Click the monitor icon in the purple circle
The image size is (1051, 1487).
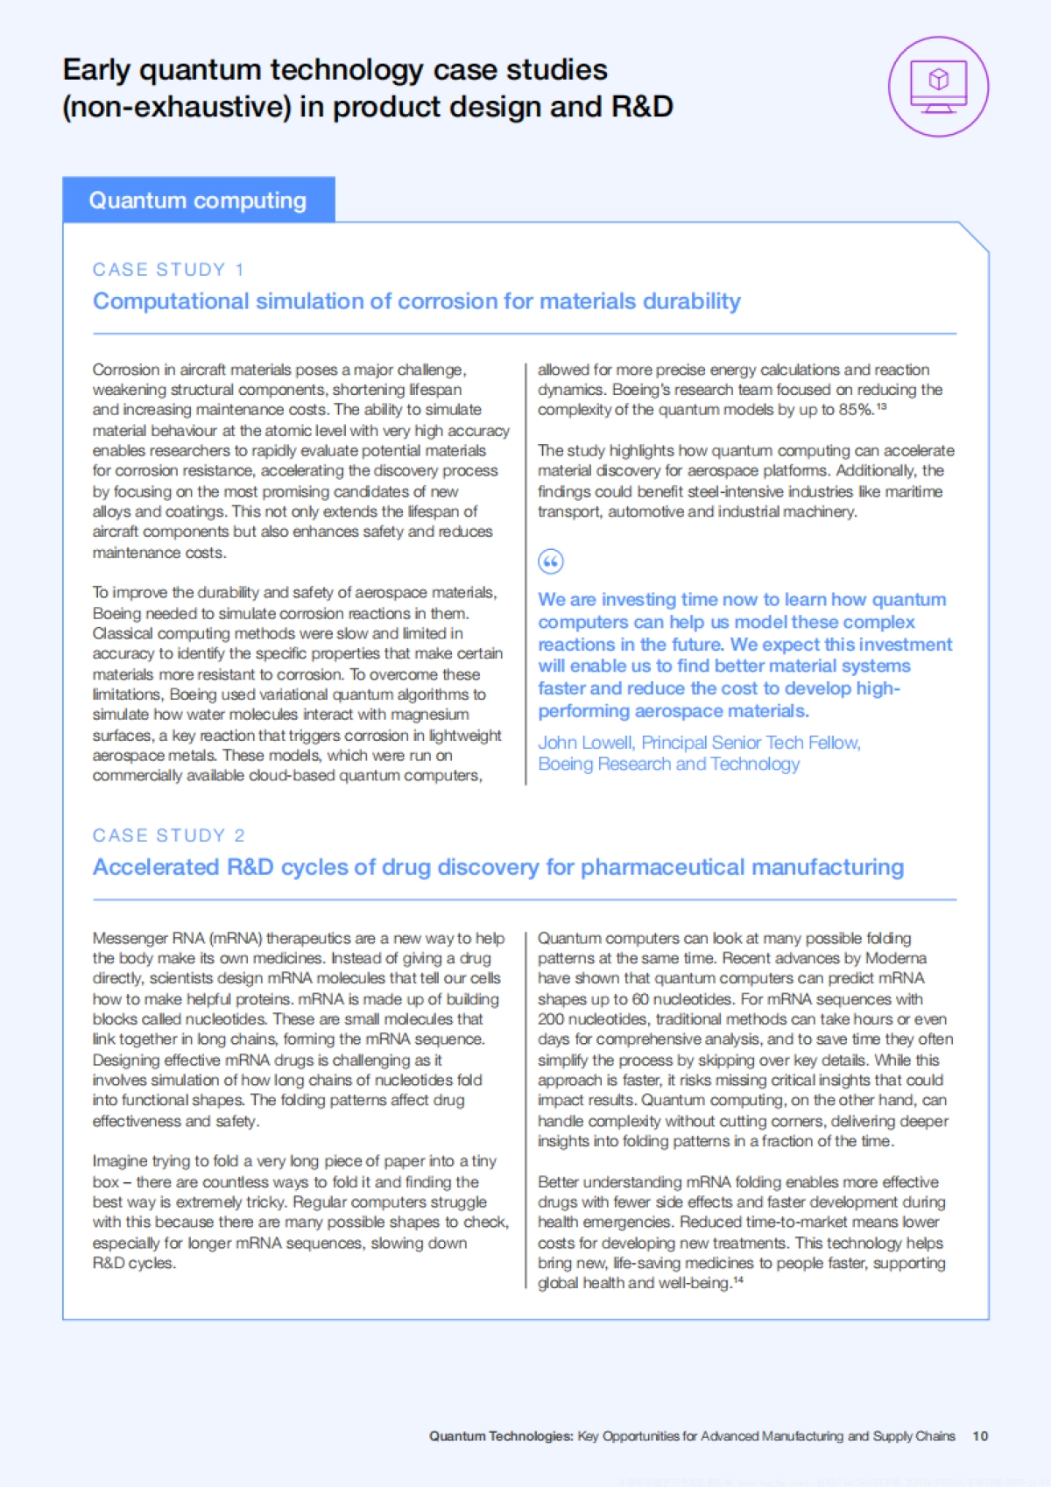(x=938, y=85)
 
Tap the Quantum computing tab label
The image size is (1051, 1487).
(x=197, y=201)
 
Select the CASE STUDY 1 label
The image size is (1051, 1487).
(x=168, y=270)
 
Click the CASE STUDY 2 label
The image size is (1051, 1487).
(x=168, y=835)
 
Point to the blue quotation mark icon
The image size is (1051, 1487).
(x=550, y=561)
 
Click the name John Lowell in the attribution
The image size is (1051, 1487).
(x=585, y=743)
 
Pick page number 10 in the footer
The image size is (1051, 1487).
(x=980, y=1436)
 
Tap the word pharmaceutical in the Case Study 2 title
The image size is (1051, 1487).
(x=662, y=867)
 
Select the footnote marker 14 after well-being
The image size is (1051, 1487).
(x=737, y=1280)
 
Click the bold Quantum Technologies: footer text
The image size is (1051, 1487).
(x=501, y=1436)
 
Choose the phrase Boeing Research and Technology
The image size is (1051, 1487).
(x=668, y=765)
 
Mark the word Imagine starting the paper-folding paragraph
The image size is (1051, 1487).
(x=119, y=1161)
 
